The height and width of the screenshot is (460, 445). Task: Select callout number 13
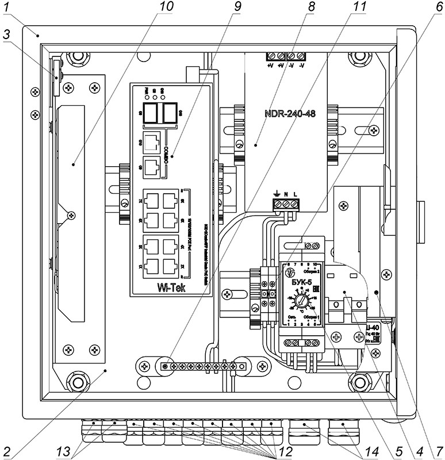pos(66,450)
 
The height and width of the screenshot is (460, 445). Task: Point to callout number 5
pos(396,450)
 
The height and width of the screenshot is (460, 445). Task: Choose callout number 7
pos(439,450)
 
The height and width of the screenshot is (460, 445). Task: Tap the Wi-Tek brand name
pos(171,288)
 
